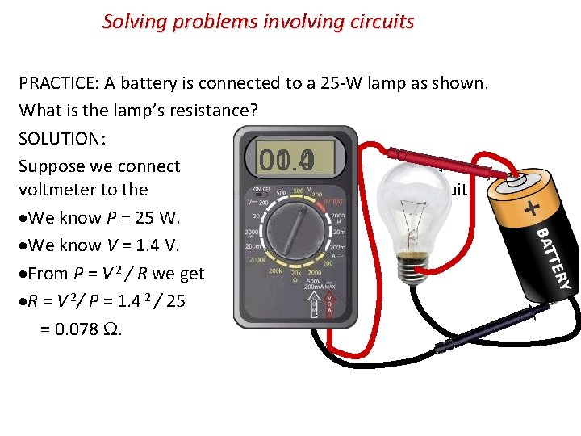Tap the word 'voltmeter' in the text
[x=56, y=190]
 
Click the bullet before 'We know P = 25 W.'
[x=23, y=219]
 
